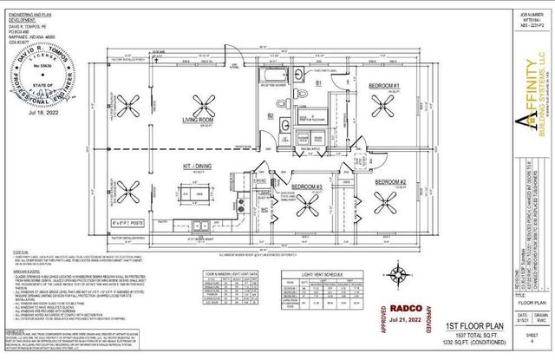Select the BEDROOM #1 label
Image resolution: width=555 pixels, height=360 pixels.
coord(383,110)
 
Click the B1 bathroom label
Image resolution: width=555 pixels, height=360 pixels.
coord(317,107)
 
